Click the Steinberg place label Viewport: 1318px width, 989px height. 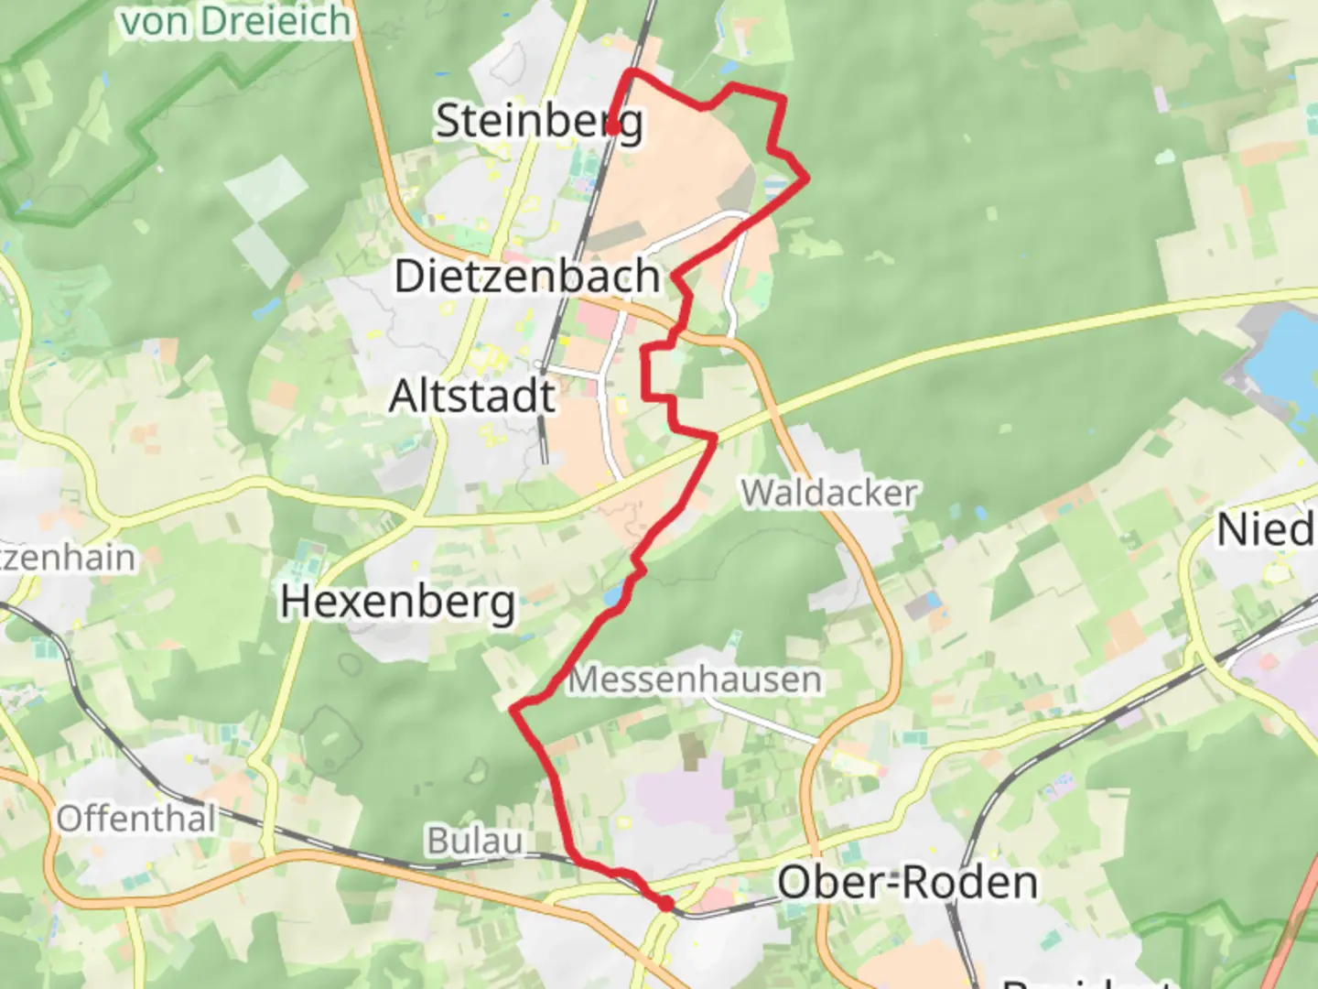tap(538, 122)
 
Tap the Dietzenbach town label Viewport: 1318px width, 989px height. tap(527, 276)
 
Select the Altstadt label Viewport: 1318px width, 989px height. tap(472, 397)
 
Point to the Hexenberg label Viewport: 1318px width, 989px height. tap(398, 602)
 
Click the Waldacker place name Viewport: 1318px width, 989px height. tap(829, 494)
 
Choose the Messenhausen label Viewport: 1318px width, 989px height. tap(695, 679)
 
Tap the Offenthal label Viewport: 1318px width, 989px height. tap(136, 819)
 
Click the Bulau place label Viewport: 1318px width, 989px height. tap(475, 841)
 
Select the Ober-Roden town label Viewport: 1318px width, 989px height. tap(907, 883)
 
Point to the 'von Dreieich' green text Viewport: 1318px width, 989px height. tap(236, 21)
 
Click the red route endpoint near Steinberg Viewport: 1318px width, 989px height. tap(611, 129)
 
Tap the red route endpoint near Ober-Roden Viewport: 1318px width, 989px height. tap(666, 904)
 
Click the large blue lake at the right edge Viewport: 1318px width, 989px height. tap(1282, 357)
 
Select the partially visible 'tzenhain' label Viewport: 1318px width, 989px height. tap(68, 557)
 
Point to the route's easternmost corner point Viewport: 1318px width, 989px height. tap(807, 179)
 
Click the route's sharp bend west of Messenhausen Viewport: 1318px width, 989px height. tap(513, 708)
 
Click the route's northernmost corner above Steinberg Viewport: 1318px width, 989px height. tap(632, 71)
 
